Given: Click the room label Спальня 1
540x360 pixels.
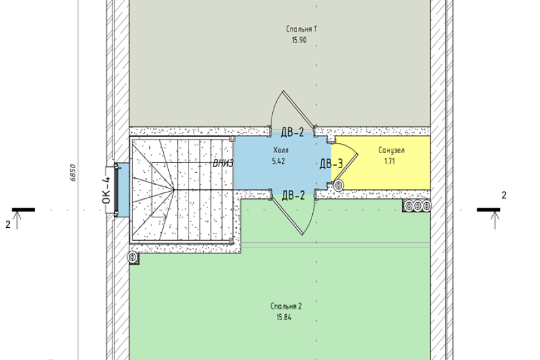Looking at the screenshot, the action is click(x=301, y=29).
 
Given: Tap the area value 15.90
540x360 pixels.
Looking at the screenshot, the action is click(x=299, y=40).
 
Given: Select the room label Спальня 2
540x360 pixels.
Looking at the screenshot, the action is click(x=286, y=306).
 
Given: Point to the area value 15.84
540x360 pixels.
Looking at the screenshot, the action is click(x=284, y=317).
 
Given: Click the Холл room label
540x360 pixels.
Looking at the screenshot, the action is click(x=281, y=150).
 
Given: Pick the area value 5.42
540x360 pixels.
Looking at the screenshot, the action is click(x=278, y=161).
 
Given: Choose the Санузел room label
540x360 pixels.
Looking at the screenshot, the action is click(x=391, y=150).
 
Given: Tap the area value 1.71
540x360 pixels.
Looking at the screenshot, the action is click(x=389, y=161).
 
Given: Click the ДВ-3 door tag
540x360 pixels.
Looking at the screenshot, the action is click(x=331, y=164).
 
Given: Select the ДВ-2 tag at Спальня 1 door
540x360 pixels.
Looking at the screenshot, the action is click(x=293, y=132).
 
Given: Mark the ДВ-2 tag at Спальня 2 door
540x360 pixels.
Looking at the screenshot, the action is click(x=293, y=196).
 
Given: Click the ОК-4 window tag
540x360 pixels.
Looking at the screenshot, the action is click(x=107, y=190).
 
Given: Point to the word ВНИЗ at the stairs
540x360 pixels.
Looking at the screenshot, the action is click(x=223, y=163).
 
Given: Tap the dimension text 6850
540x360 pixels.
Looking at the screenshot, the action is click(x=73, y=173).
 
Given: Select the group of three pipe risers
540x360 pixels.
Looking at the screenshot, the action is click(x=418, y=206).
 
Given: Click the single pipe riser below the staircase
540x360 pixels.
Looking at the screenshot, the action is click(x=132, y=257).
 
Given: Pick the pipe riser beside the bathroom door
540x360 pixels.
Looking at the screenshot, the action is click(x=338, y=185).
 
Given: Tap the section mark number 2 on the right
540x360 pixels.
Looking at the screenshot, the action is click(x=504, y=195).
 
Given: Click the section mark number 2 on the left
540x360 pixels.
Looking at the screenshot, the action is click(x=8, y=225).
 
